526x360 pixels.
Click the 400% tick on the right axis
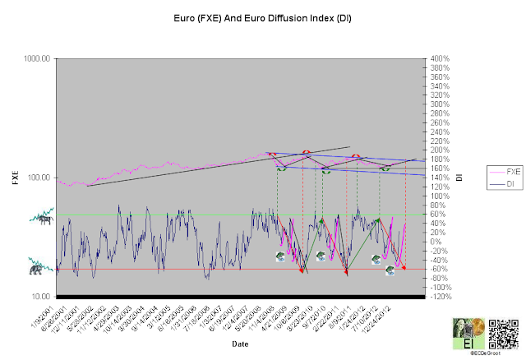[x=437, y=59]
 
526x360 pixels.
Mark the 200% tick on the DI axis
[x=437, y=150]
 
